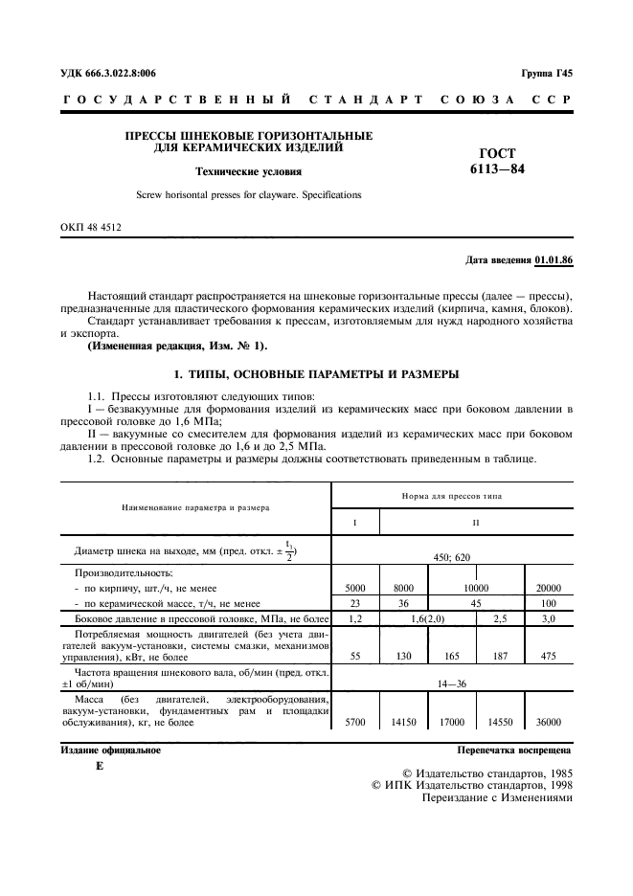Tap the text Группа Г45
pyautogui.click(x=547, y=73)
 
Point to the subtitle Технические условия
pyautogui.click(x=248, y=172)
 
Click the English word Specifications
pyautogui.click(x=328, y=194)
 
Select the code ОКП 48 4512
pyautogui.click(x=91, y=227)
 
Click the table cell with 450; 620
pyautogui.click(x=452, y=555)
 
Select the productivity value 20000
pyautogui.click(x=550, y=591)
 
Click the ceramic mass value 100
pyautogui.click(x=550, y=605)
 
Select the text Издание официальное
pyautogui.click(x=110, y=750)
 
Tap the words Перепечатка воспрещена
pyautogui.click(x=514, y=750)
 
